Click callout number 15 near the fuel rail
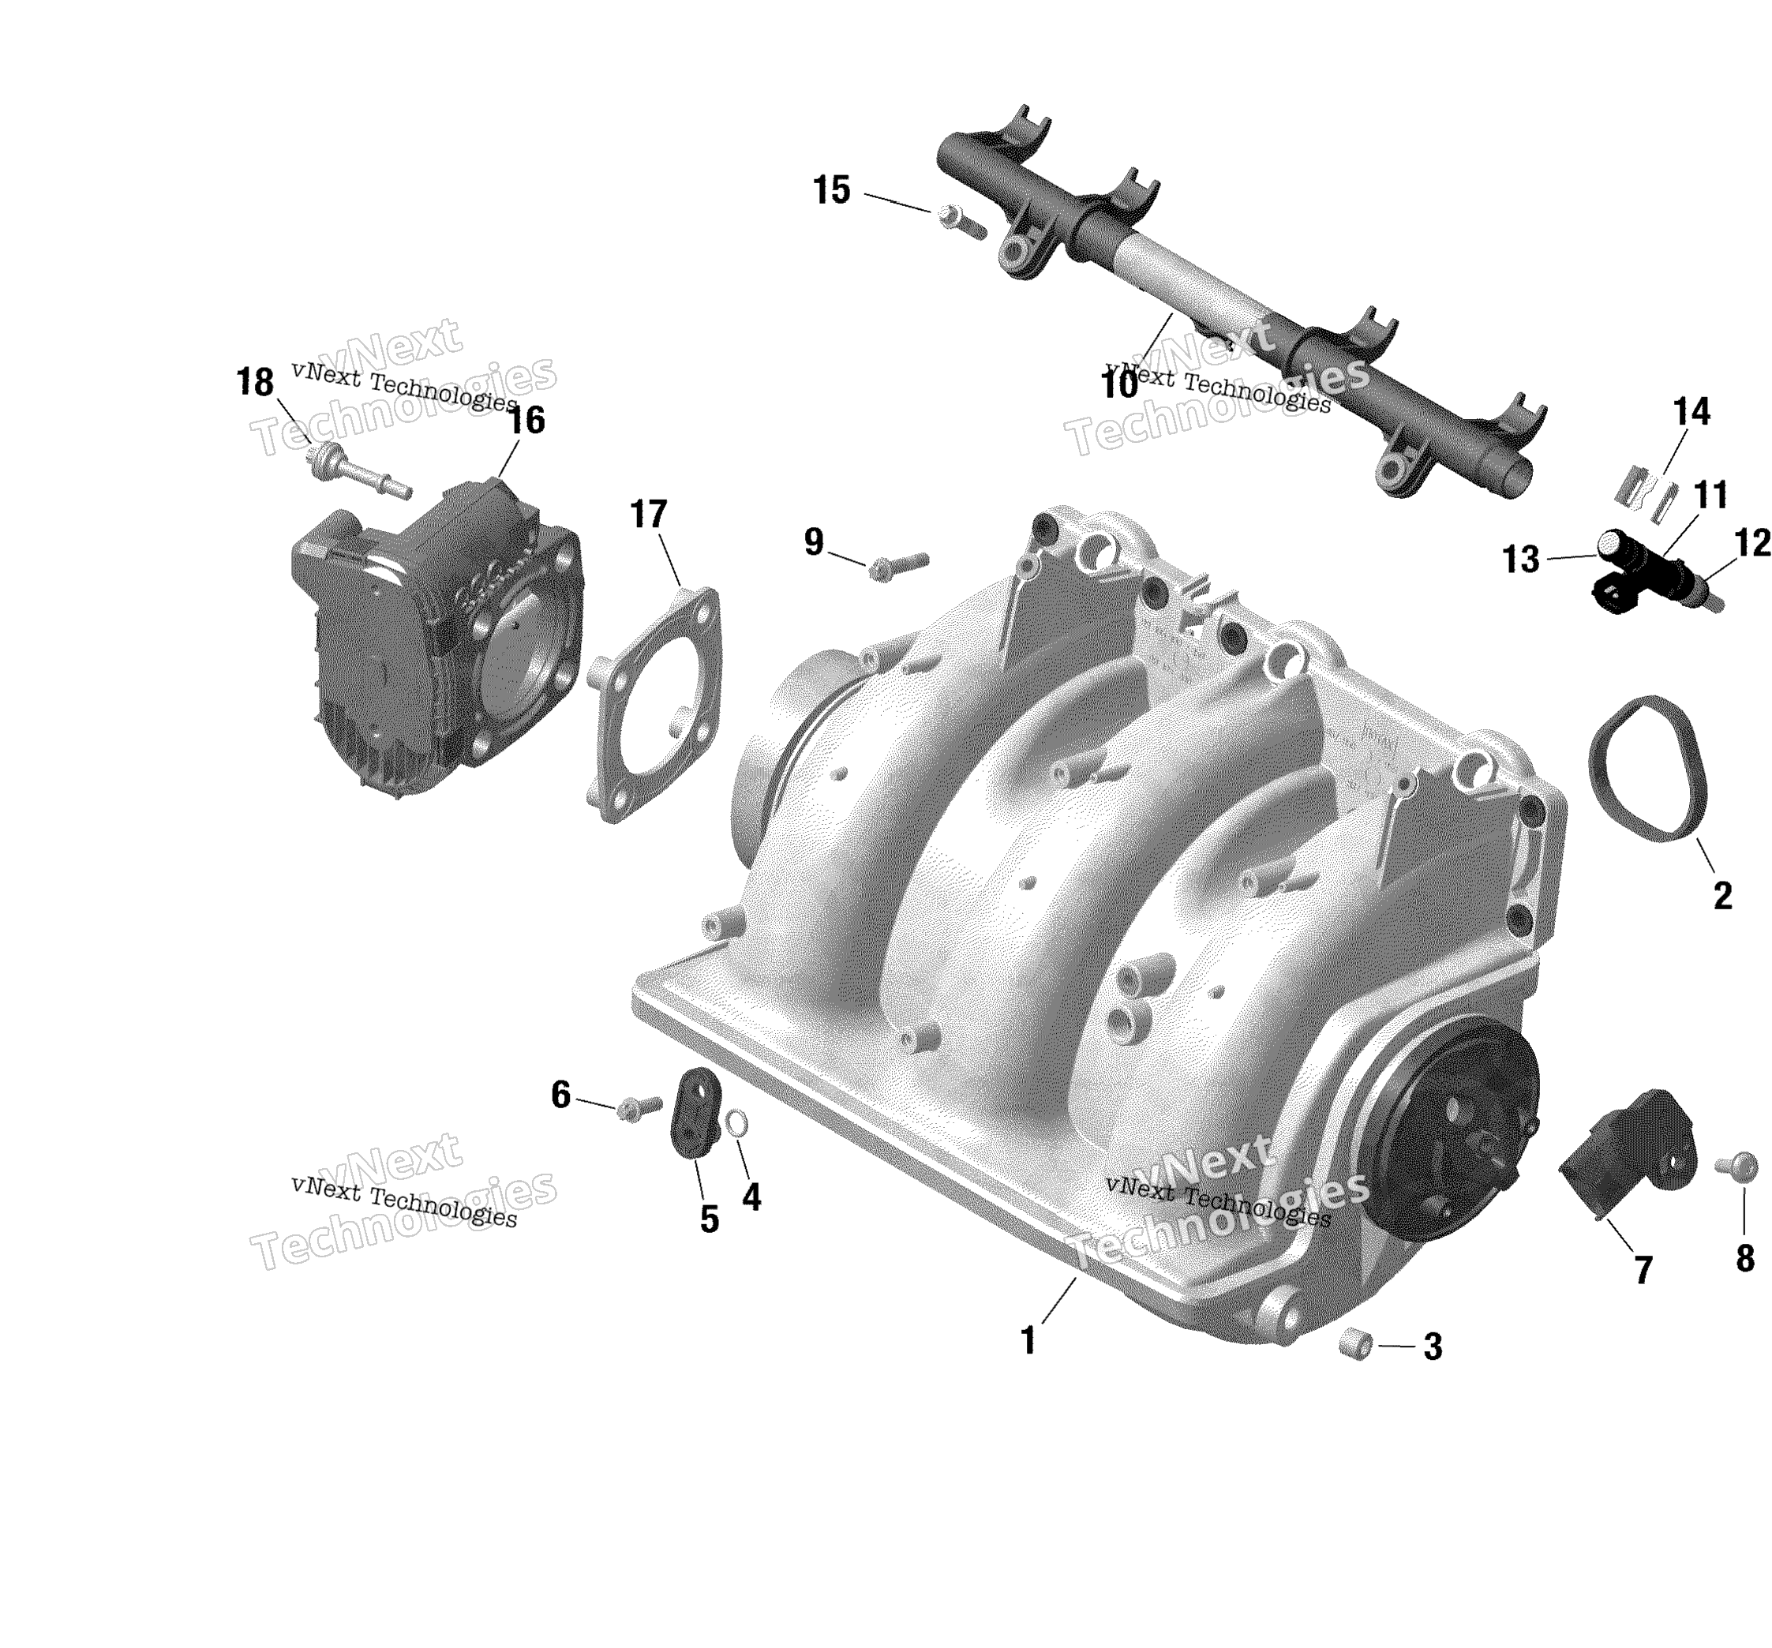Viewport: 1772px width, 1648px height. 832,191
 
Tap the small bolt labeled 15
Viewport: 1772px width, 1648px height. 961,220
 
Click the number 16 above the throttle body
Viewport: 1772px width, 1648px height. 526,420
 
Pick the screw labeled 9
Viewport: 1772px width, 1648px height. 898,565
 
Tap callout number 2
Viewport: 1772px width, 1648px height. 1722,896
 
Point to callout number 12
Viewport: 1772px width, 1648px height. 1752,542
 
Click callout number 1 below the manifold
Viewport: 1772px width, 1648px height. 1028,1339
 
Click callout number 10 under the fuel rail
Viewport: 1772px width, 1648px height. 1119,385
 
